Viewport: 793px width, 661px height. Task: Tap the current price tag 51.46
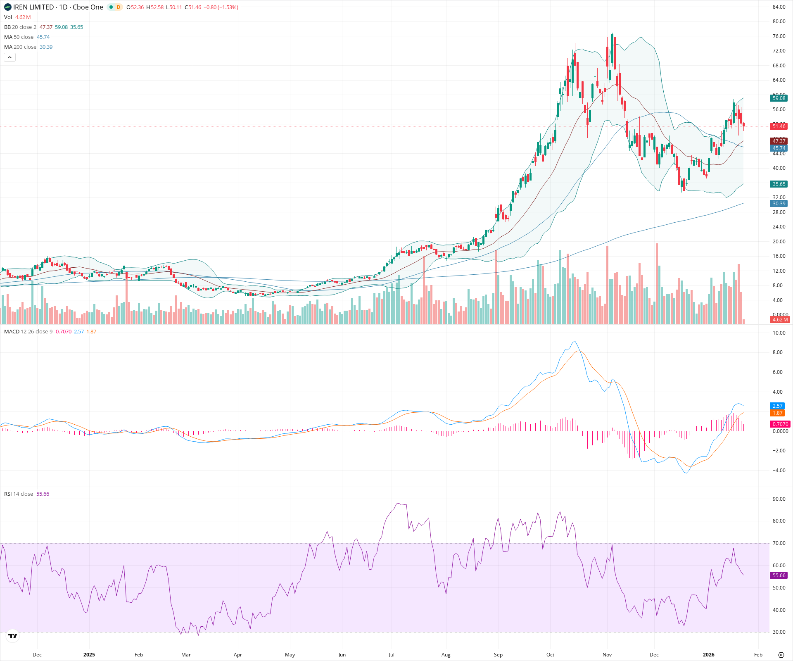tap(779, 126)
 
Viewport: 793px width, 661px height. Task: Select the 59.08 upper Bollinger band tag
tap(779, 98)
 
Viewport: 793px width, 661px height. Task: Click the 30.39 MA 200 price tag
tap(779, 204)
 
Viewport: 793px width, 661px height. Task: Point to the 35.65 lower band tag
tap(779, 184)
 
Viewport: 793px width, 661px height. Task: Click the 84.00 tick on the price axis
tap(779, 7)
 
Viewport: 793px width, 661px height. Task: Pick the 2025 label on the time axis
tap(89, 655)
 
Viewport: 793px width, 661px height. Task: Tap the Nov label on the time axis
tap(607, 655)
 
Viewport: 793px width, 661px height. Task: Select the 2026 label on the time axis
tap(708, 655)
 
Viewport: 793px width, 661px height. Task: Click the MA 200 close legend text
tap(20, 47)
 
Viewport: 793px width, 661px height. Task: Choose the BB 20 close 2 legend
tap(20, 27)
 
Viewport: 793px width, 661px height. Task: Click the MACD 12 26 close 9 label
tap(28, 332)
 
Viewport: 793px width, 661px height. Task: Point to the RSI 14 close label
tap(19, 494)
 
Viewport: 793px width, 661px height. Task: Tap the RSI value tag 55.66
tap(779, 575)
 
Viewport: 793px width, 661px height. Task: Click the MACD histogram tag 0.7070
tap(780, 424)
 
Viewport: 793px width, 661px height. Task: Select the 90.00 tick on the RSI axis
tap(779, 499)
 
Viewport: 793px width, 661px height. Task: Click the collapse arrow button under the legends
tap(9, 57)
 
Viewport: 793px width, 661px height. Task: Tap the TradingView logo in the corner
tap(13, 636)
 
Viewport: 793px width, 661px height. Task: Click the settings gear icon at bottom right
tap(781, 655)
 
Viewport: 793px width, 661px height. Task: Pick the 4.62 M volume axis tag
tap(780, 320)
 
